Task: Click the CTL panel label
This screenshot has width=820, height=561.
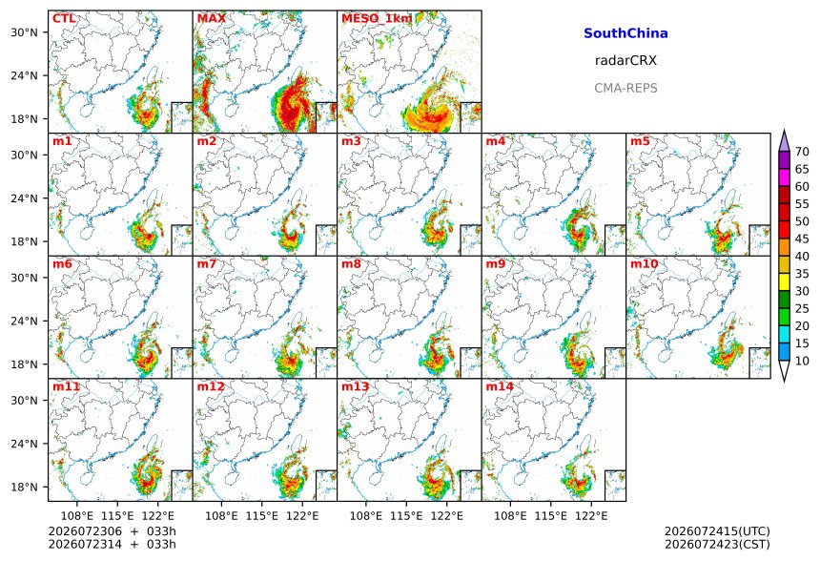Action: [64, 19]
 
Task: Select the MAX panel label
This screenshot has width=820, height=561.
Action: [212, 19]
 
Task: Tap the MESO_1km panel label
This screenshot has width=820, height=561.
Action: [377, 19]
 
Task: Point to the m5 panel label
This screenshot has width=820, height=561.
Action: [640, 141]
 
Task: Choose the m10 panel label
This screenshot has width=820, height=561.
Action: [644, 263]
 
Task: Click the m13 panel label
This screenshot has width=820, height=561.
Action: [355, 386]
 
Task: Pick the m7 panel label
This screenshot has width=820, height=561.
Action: [207, 263]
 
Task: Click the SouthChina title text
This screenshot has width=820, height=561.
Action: [625, 33]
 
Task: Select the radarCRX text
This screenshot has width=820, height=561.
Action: [625, 61]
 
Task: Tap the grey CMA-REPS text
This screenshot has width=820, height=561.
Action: [625, 88]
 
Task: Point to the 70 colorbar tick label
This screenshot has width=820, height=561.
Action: [802, 152]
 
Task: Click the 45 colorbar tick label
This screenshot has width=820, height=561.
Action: [802, 239]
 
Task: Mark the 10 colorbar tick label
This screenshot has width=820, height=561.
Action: [802, 361]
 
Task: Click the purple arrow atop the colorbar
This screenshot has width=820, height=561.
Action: [784, 141]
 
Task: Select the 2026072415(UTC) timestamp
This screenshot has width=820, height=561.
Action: [717, 531]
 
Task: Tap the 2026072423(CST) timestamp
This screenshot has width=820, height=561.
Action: [717, 545]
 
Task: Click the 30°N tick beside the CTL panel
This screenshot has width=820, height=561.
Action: [24, 32]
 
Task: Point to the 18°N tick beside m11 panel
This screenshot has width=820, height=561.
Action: [24, 488]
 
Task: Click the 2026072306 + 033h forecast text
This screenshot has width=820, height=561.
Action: [112, 531]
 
